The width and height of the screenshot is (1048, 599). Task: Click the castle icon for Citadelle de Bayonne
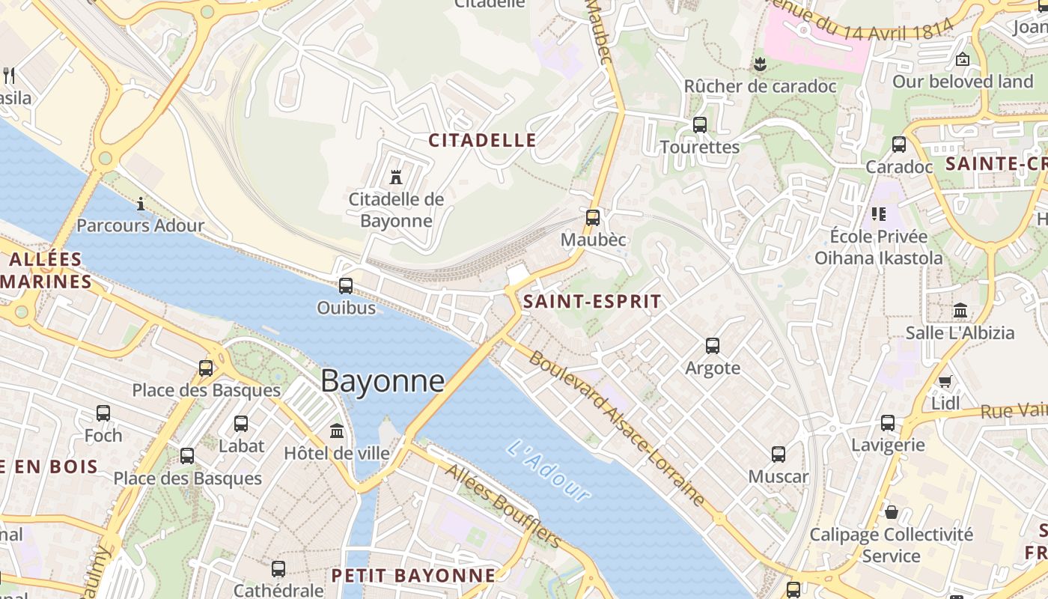point(396,177)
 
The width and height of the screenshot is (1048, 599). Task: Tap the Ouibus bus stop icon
point(346,285)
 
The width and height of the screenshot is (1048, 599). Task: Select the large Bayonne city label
point(383,381)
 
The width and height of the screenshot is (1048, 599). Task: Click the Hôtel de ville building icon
point(337,431)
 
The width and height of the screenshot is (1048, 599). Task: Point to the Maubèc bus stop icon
point(593,218)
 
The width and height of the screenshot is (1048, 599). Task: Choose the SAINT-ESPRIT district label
point(592,302)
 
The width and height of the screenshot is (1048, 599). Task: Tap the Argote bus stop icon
point(713,346)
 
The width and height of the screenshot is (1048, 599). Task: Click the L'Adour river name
point(549,470)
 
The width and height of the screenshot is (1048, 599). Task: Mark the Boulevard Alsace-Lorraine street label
point(617,427)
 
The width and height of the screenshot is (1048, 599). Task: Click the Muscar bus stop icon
point(779,454)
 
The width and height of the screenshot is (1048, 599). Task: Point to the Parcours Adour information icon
point(141,204)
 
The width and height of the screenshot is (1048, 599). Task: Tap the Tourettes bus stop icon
point(700,125)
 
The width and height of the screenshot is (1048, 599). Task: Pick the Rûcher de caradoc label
point(760,86)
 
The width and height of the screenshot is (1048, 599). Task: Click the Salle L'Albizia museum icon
point(960,311)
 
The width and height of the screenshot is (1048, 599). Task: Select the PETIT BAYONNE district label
point(413,576)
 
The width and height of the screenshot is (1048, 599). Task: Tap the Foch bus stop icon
point(103,413)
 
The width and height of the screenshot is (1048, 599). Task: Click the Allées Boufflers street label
point(503,505)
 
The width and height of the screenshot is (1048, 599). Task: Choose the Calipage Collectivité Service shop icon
point(892,513)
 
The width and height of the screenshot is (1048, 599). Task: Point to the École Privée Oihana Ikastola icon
point(879,215)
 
